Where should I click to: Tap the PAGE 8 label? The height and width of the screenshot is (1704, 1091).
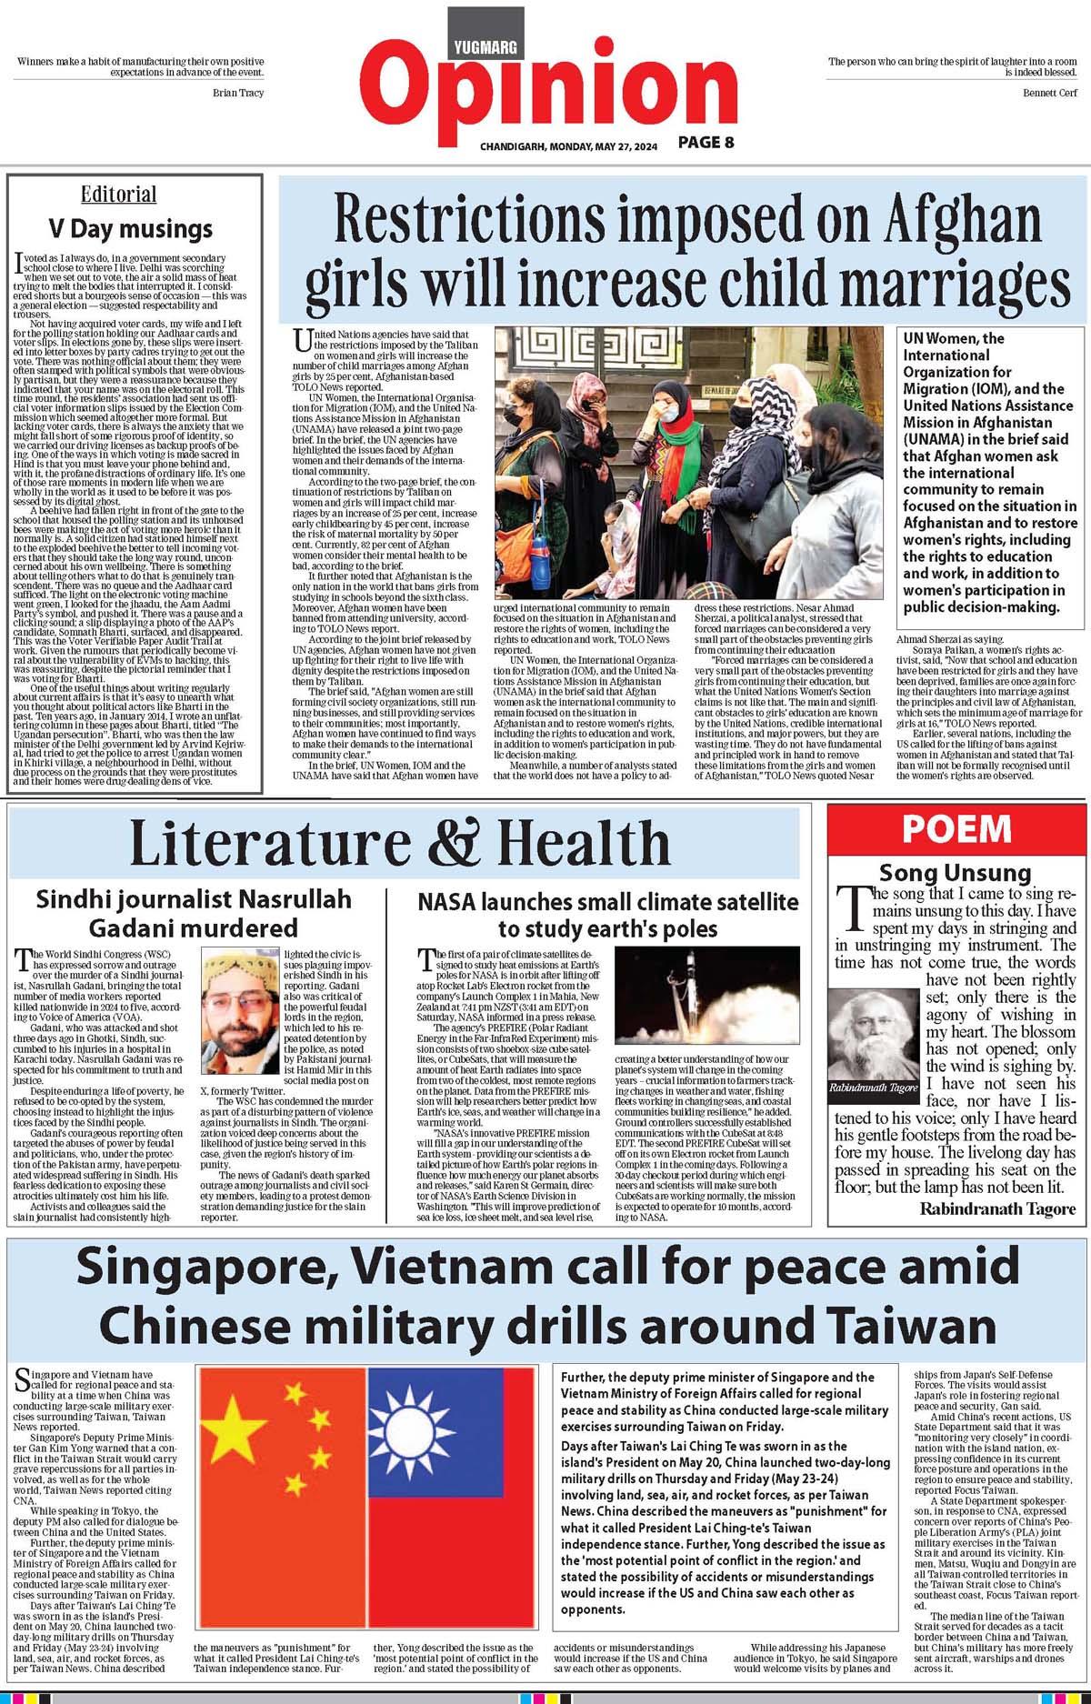[x=706, y=142]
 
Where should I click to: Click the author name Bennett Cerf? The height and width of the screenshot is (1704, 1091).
[x=1050, y=93]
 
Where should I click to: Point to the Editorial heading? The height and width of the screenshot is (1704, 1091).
[x=118, y=195]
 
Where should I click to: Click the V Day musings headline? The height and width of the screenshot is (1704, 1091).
[x=130, y=227]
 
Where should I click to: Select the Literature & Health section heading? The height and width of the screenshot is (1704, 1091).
[x=399, y=843]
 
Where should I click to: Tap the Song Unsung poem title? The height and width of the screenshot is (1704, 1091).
[x=956, y=873]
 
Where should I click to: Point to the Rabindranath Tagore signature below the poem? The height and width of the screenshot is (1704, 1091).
[x=997, y=1208]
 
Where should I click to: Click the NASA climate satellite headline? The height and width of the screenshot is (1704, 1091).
[x=607, y=915]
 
